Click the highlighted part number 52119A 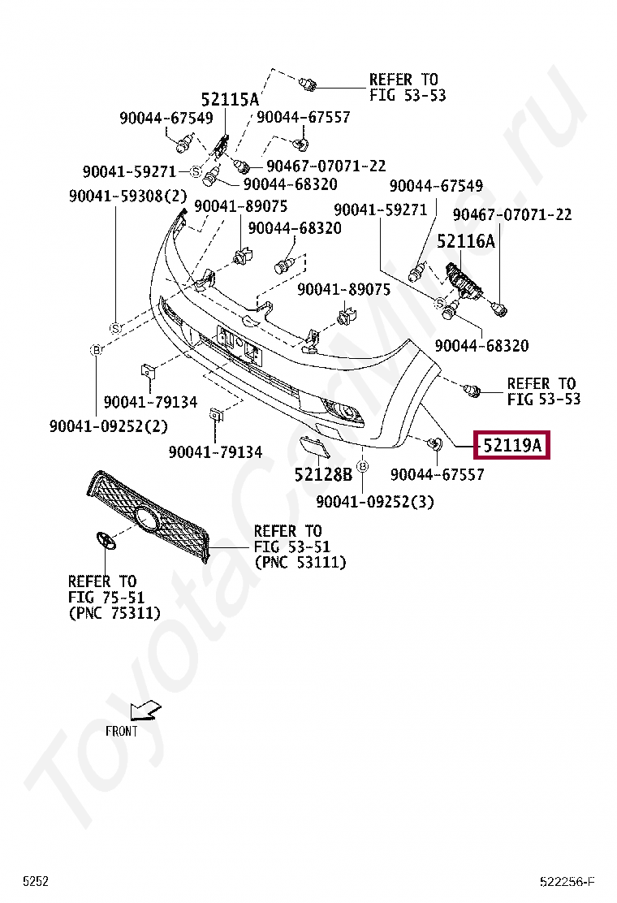511,445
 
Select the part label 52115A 230,100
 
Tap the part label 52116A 466,241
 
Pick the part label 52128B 323,473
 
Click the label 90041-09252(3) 374,502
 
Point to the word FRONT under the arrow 122,731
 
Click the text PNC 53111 300,562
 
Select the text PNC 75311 114,612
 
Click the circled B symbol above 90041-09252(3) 362,466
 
